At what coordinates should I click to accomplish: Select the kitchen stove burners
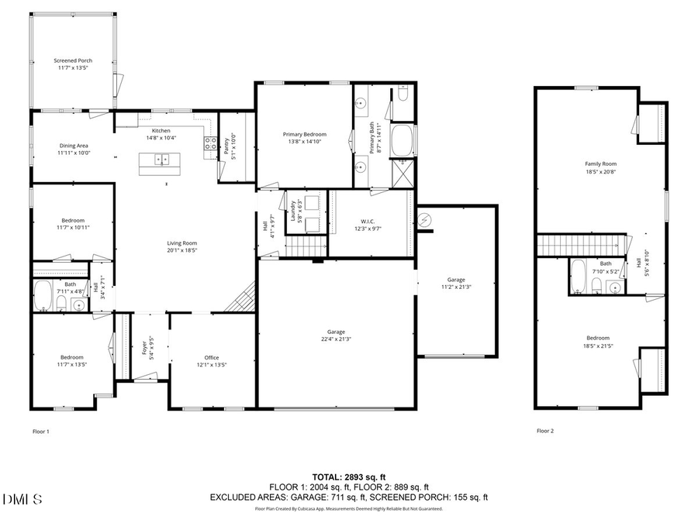210,143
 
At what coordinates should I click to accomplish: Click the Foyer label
145,349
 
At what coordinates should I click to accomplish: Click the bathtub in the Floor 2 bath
578,277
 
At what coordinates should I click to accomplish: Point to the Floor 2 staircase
582,246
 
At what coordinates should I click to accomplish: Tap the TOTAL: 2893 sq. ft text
348,477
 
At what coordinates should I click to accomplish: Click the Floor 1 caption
40,431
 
